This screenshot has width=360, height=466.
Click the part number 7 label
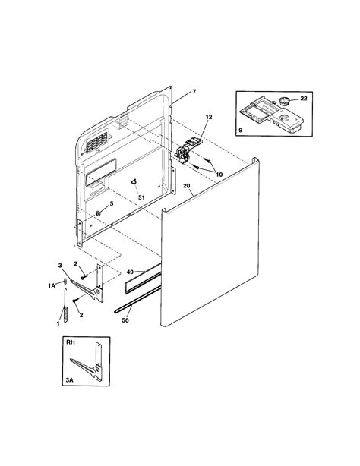pyautogui.click(x=194, y=92)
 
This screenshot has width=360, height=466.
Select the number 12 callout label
pyautogui.click(x=209, y=117)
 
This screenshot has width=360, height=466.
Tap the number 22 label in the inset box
pyautogui.click(x=304, y=99)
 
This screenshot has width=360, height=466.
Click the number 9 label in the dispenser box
pyautogui.click(x=241, y=131)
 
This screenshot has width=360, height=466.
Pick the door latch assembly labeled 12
pyautogui.click(x=186, y=150)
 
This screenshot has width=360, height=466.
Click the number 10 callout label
pyautogui.click(x=219, y=175)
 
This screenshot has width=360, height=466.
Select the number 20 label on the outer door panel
pyautogui.click(x=187, y=186)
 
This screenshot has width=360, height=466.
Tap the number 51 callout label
pyautogui.click(x=141, y=197)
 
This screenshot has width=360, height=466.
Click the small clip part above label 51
pyautogui.click(x=134, y=181)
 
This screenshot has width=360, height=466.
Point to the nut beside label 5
pyautogui.click(x=97, y=213)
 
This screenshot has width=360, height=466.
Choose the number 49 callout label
pyautogui.click(x=130, y=272)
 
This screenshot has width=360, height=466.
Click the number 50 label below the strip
pyautogui.click(x=125, y=320)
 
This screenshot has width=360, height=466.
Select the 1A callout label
pyautogui.click(x=52, y=285)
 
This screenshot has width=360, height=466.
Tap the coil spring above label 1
pyautogui.click(x=66, y=315)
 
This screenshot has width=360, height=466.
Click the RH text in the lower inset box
pyautogui.click(x=71, y=342)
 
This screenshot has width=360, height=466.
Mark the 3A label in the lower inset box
pyautogui.click(x=70, y=379)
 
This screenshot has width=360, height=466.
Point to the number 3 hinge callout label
pyautogui.click(x=61, y=266)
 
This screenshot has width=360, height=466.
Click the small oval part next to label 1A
pyautogui.click(x=65, y=281)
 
